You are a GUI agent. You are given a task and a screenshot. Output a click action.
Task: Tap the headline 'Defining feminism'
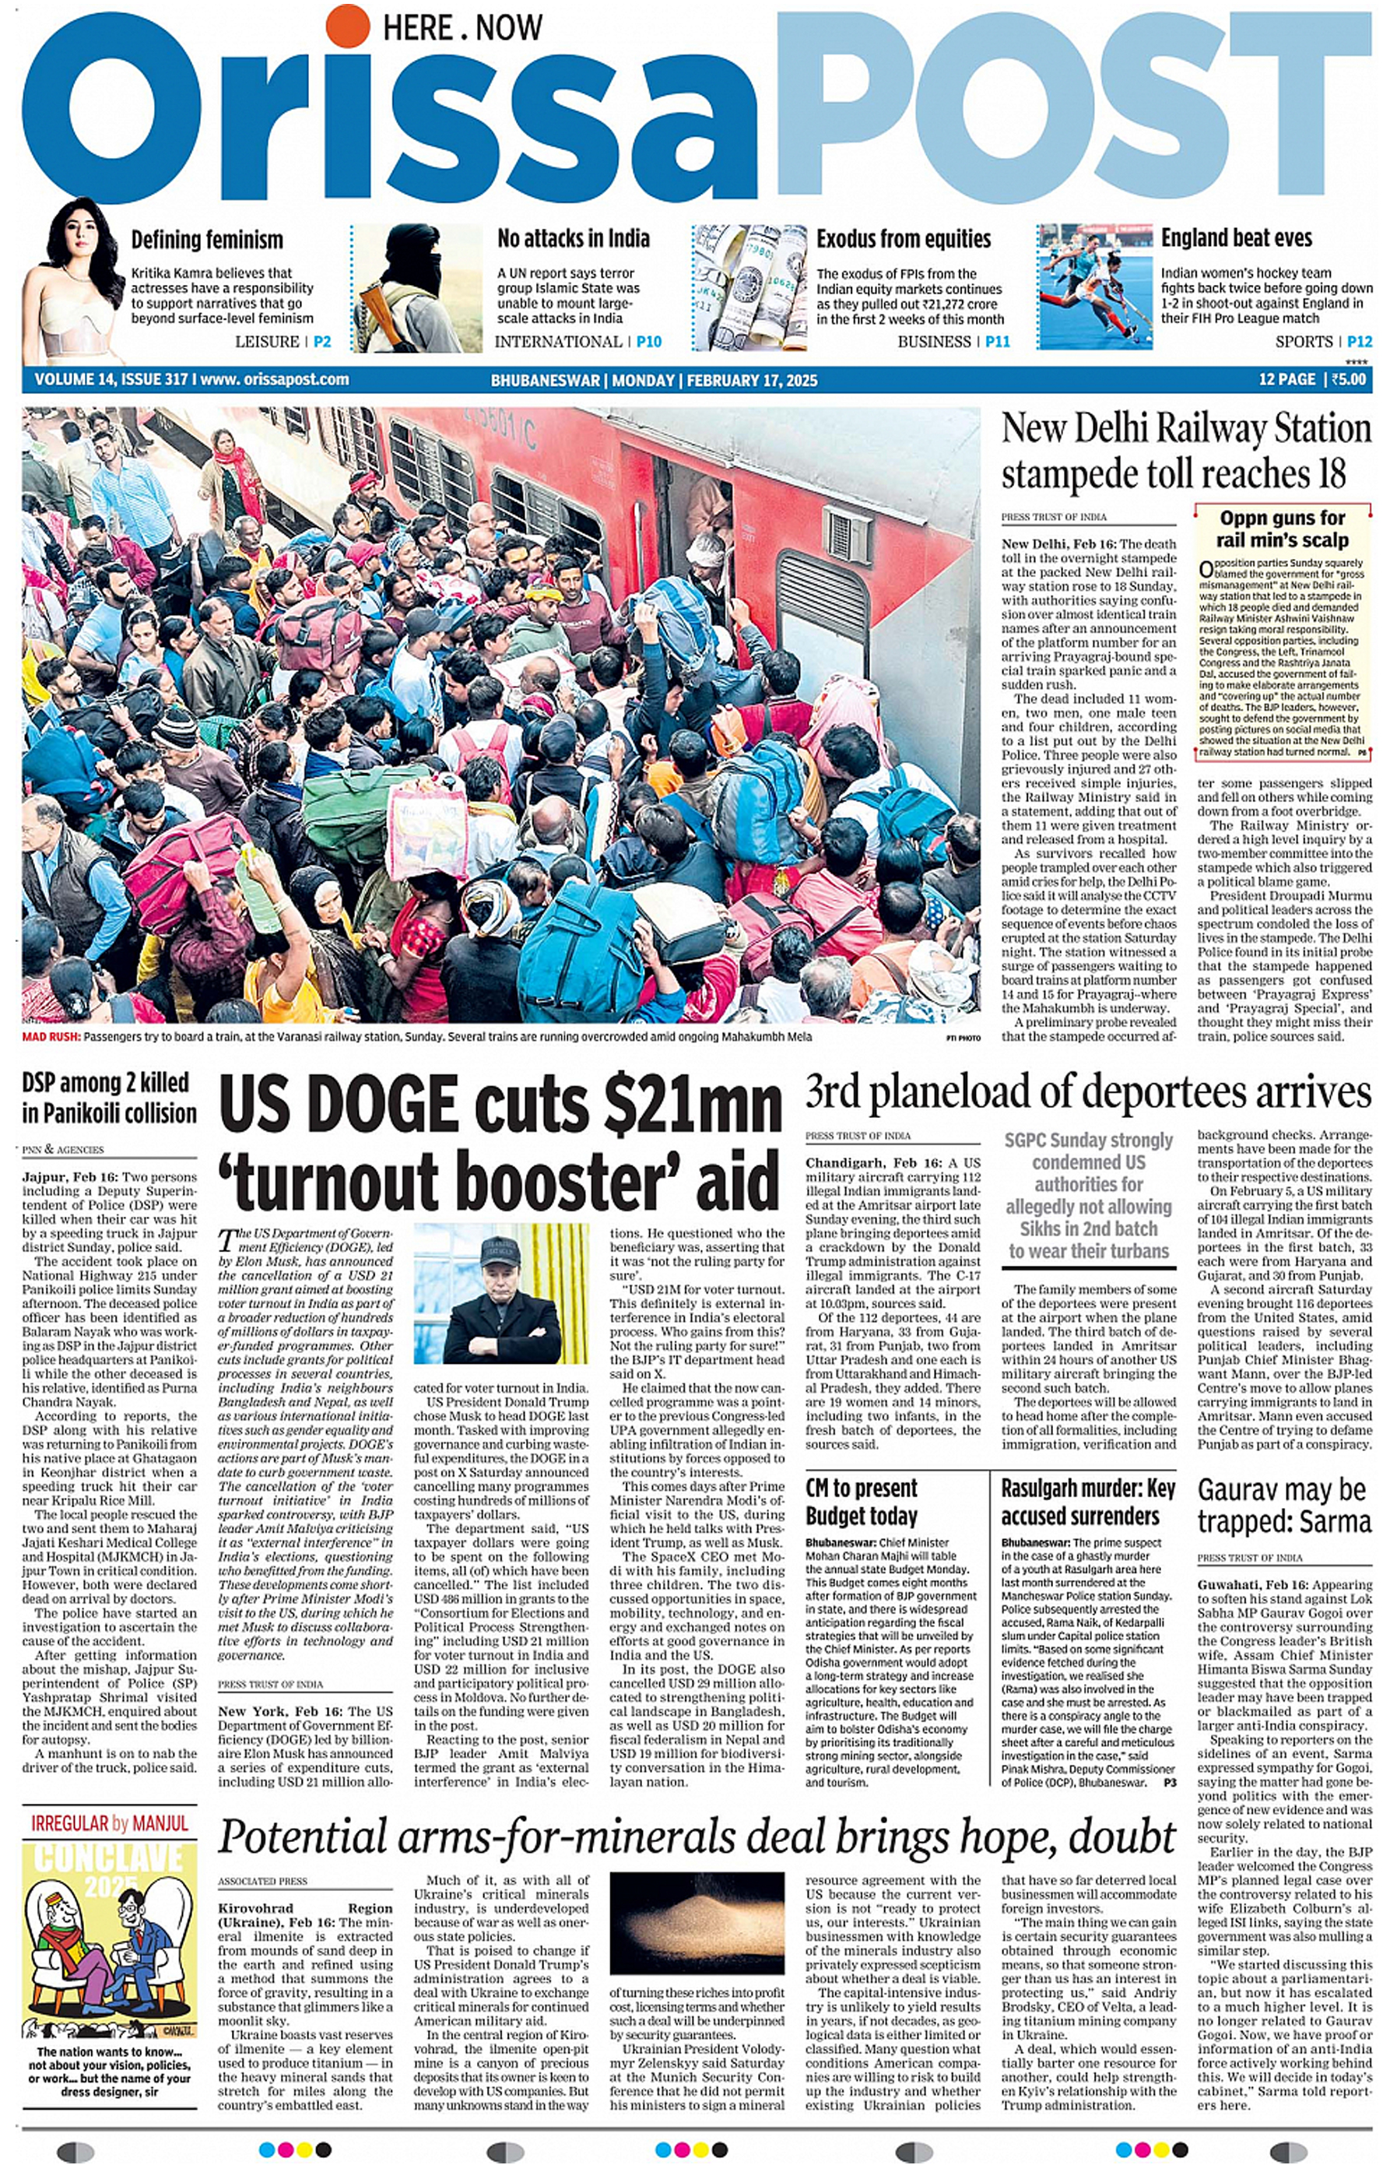[207, 240]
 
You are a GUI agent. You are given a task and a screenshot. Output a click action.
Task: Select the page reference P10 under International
[648, 341]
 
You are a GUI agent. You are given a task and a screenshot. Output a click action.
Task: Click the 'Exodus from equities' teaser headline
[903, 239]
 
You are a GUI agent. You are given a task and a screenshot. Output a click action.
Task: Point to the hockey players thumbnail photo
[1094, 287]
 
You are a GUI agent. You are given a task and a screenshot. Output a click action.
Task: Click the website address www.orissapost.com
[275, 380]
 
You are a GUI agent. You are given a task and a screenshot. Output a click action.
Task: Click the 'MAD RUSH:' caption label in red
[51, 1036]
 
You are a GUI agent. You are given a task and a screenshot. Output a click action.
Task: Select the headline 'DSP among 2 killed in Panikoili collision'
[109, 1098]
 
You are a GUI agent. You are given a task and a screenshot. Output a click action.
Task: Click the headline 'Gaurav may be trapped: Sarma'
[1283, 1505]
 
